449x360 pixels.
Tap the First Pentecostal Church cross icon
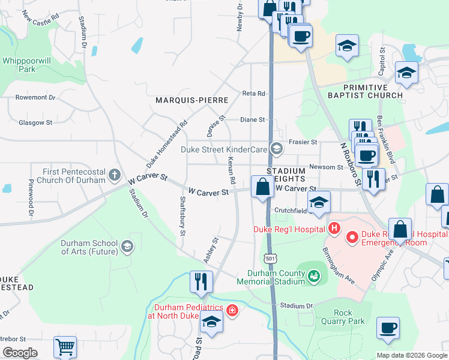coord(115,176)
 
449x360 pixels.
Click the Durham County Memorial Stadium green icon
coord(313,277)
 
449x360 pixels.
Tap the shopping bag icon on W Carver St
coord(262,187)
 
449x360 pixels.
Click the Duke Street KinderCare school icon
coord(276,149)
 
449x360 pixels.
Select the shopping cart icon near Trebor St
coord(65,347)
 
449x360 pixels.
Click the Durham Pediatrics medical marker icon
coord(232,310)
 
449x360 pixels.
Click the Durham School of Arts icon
coord(127,245)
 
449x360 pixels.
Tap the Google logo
coord(20,353)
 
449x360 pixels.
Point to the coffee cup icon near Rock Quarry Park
coord(388,328)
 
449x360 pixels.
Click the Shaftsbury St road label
coord(182,215)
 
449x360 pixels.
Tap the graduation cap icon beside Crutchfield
coord(319,202)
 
